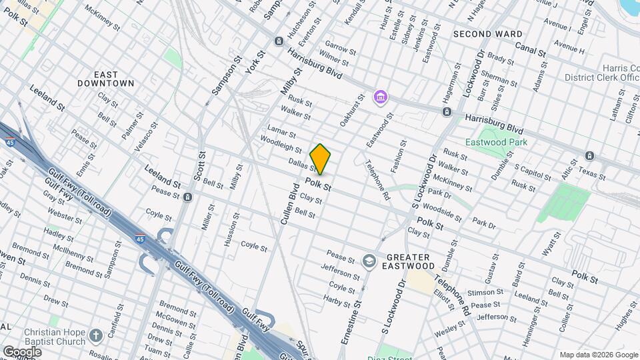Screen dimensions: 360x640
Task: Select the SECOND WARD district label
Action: coord(487,33)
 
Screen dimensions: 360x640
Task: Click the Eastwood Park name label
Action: coord(497,142)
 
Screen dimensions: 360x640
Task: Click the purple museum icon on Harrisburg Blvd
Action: coord(381,98)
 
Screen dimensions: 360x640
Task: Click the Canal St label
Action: coord(531,48)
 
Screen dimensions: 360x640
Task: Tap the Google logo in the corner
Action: coord(22,351)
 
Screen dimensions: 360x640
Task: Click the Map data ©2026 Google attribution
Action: coord(598,355)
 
